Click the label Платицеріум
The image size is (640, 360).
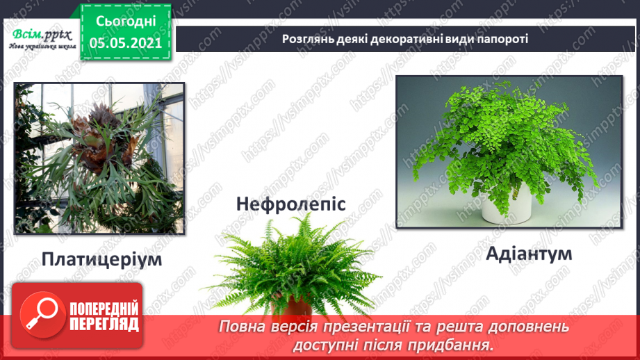tap(101, 261)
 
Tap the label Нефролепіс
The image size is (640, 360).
tap(290, 204)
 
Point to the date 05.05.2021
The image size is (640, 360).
tap(126, 42)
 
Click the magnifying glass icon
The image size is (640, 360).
tap(39, 313)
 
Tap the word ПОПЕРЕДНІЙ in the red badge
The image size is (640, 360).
tap(104, 309)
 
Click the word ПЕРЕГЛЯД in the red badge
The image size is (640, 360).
tap(104, 324)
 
